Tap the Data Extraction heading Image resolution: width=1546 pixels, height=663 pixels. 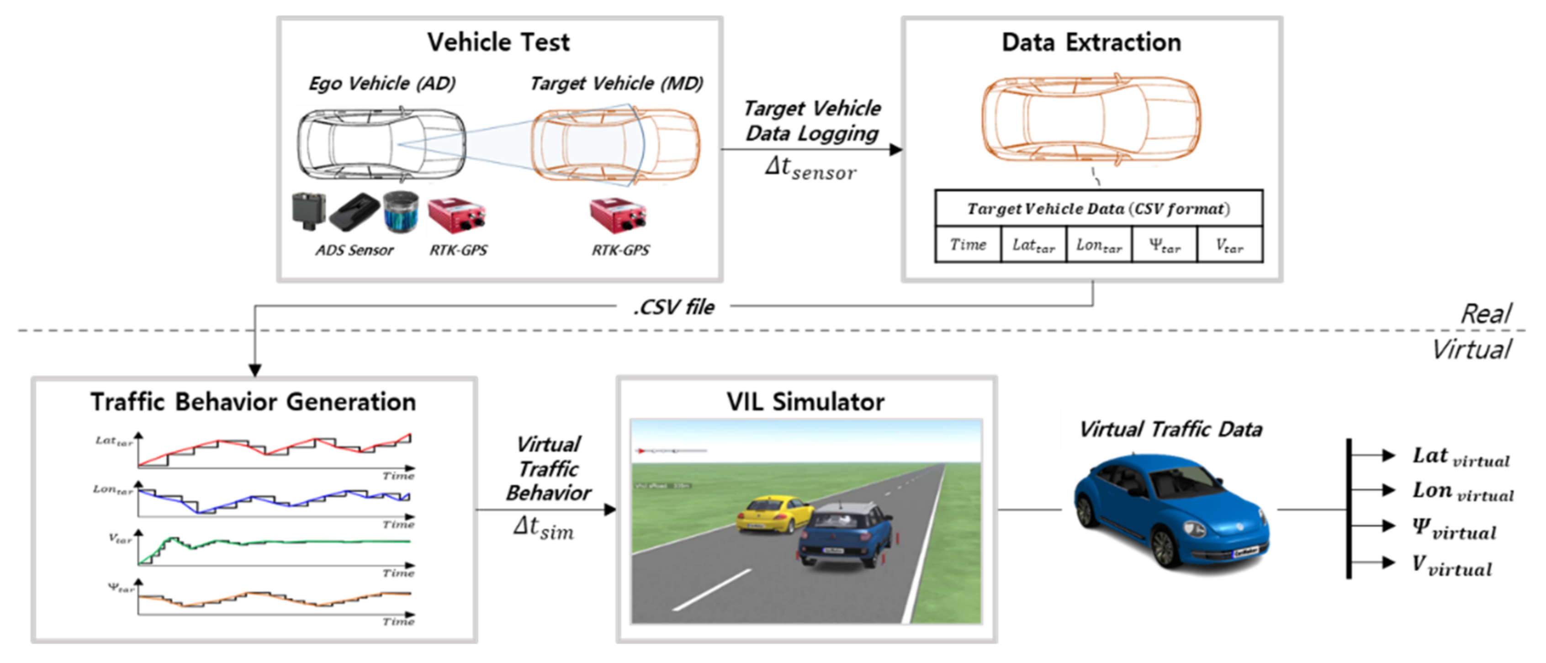tap(1091, 42)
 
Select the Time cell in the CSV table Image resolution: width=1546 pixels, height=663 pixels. tap(968, 245)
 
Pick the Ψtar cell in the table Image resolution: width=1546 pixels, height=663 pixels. tap(1165, 245)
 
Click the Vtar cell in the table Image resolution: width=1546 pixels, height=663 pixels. tap(1229, 245)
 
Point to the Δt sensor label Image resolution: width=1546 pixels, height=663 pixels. tap(810, 168)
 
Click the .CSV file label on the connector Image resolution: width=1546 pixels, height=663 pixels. tap(674, 307)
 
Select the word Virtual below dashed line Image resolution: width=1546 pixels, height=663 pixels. tap(1472, 349)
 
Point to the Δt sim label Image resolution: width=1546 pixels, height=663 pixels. tap(543, 527)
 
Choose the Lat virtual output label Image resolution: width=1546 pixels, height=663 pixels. tap(1460, 457)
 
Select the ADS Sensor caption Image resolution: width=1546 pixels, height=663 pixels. tap(354, 250)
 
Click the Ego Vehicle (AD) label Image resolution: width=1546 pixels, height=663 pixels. tap(381, 84)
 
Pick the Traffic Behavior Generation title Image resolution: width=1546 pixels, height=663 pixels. tap(253, 402)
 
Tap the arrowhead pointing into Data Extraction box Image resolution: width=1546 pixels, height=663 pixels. tap(895, 149)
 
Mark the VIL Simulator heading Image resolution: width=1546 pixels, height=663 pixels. tap(805, 402)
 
